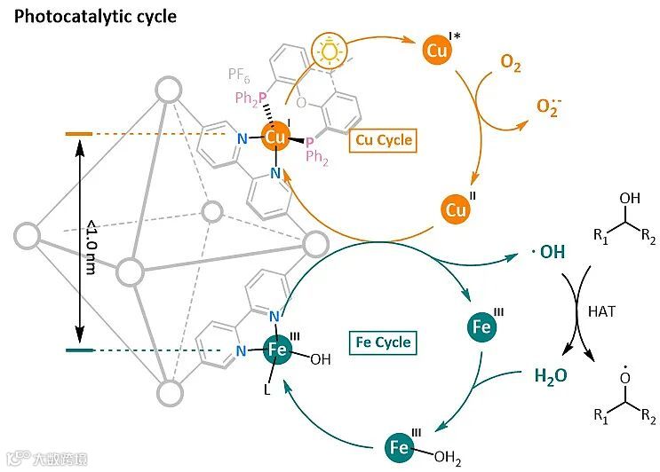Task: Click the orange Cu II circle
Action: pos(457,211)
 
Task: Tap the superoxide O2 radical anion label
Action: pos(549,106)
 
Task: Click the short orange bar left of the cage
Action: pos(79,134)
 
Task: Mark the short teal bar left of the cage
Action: pos(80,350)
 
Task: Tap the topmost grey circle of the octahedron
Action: pos(167,90)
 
